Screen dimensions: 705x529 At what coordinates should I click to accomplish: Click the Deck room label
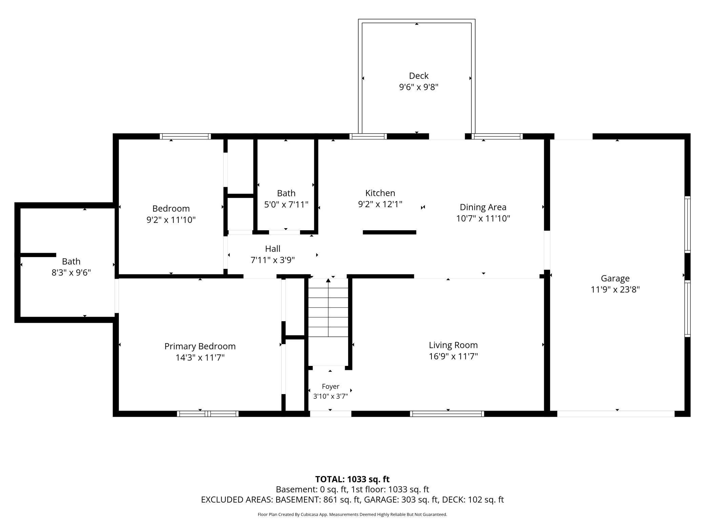pos(419,76)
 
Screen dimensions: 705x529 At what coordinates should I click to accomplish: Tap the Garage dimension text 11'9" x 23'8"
pos(615,290)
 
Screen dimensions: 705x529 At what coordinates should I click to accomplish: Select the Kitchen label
pos(380,193)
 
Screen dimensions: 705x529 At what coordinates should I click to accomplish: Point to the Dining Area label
pos(483,207)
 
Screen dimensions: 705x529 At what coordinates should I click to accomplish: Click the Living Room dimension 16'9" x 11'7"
pos(453,356)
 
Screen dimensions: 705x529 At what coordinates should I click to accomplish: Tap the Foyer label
pos(330,387)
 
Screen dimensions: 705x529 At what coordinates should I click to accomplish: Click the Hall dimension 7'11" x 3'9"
pos(273,260)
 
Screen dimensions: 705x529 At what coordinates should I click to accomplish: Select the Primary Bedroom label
pos(200,346)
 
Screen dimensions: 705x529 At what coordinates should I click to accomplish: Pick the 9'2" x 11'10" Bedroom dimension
pos(171,220)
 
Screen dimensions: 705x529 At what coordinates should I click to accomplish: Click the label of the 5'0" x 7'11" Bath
pos(286,193)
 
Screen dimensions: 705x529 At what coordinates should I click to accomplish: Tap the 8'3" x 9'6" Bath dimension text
pos(71,273)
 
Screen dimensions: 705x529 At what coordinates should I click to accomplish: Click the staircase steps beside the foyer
pos(328,312)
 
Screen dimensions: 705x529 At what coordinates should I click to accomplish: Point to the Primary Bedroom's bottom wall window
pos(208,414)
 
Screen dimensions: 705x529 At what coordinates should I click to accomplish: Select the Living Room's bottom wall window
pos(447,414)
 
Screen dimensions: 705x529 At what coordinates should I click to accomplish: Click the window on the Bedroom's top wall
pos(185,136)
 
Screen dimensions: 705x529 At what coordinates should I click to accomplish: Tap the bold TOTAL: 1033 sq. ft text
pos(352,479)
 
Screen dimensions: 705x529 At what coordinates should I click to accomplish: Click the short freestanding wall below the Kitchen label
pos(389,232)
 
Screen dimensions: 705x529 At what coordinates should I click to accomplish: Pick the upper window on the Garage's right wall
pos(687,224)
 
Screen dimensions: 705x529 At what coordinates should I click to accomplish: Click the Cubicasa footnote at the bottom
pos(352,514)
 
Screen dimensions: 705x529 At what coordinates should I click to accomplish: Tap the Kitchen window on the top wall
pos(368,136)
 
